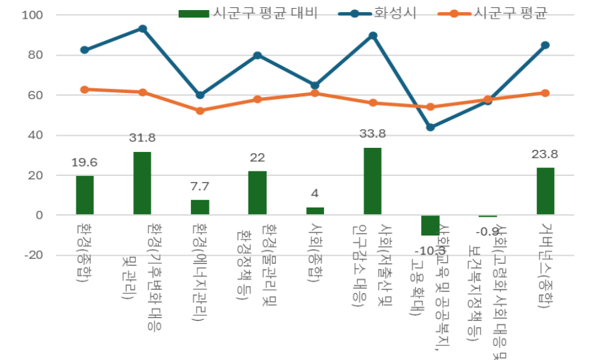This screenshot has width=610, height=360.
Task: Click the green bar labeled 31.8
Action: (x=142, y=183)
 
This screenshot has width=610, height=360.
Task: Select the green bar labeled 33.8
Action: (x=372, y=181)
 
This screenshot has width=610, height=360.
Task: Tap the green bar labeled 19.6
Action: (x=84, y=195)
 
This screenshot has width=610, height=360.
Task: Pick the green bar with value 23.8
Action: (x=545, y=191)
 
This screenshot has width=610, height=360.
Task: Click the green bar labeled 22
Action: (x=257, y=193)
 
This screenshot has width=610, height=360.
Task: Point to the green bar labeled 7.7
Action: (x=200, y=207)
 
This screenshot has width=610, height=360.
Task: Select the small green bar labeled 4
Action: (x=315, y=211)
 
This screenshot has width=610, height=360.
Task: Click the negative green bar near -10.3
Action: (x=430, y=226)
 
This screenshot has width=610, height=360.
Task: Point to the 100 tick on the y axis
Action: (x=33, y=15)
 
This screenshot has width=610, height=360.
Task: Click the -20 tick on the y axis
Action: (x=33, y=256)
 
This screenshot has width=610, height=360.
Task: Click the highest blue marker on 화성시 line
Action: (x=142, y=29)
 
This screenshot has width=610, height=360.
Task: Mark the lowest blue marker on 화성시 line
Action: (x=430, y=127)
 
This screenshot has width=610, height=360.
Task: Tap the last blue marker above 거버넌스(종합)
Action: (x=545, y=45)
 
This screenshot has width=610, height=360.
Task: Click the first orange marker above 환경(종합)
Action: (x=84, y=89)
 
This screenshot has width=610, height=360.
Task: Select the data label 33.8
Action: (x=372, y=134)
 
